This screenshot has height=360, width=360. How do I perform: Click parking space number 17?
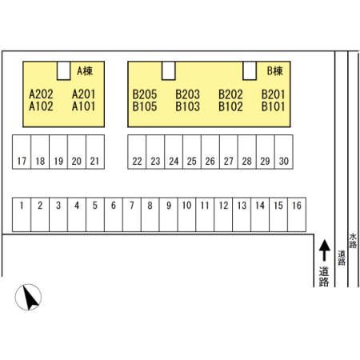coord(22,152)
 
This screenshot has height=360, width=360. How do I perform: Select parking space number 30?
coord(284,152)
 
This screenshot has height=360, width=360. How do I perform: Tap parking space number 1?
coord(22,214)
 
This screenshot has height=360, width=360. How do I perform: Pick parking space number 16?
coord(297,214)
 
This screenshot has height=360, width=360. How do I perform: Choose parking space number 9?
coord(169,214)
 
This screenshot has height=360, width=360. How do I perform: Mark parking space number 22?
coord(137,152)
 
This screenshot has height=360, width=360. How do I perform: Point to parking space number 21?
coord(95,152)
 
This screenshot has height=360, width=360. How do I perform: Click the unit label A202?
coord(41,94)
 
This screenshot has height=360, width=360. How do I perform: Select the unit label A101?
coord(84,106)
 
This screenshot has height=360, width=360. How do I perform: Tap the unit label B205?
coord(145,94)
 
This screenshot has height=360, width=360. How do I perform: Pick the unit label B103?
coord(188,106)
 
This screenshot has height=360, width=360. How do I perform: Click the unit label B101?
coord(274,106)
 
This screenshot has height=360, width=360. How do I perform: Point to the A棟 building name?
coord(85,71)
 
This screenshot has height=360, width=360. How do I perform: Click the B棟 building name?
coord(275,71)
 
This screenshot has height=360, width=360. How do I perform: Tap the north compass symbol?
coord(28,297)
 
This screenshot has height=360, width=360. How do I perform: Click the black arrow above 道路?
coord(325,250)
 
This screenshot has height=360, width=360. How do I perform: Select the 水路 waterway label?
coord(353,241)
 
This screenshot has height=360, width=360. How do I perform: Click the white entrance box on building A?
coord(64,70)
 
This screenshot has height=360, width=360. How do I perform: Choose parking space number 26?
coord(210,152)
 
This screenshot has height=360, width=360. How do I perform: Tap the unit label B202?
coord(230,94)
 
